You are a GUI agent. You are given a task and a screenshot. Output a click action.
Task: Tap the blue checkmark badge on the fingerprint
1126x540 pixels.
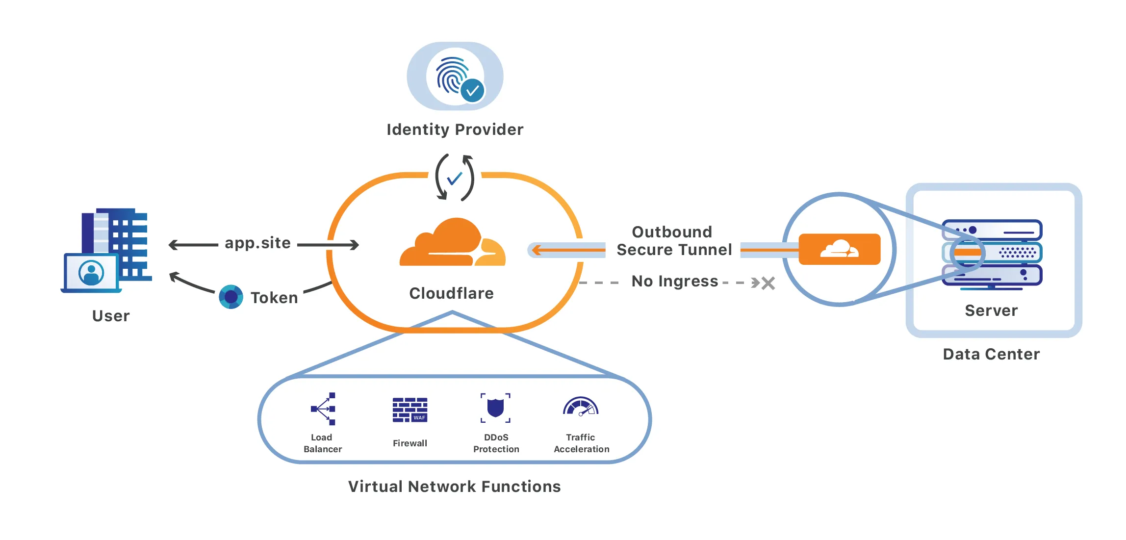point(473,91)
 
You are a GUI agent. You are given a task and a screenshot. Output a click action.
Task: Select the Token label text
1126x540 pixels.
point(274,298)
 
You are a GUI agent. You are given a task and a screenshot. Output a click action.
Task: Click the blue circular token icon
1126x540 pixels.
point(231,297)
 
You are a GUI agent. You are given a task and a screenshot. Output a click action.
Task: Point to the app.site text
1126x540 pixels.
point(257,243)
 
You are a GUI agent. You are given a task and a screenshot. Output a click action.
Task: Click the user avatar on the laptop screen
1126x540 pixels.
point(91,273)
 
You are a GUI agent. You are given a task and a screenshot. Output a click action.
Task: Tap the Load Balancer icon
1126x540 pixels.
point(324,409)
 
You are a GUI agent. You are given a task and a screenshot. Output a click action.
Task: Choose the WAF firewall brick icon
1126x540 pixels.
point(410,410)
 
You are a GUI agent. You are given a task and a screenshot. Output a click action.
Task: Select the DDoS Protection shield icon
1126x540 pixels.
point(495,408)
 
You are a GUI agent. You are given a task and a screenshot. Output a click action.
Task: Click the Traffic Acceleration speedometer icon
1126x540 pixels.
point(581,407)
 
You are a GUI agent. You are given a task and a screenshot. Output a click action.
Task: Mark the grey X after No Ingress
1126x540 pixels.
point(768,283)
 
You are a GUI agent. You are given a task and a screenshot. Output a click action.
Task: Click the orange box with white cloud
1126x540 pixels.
point(839,249)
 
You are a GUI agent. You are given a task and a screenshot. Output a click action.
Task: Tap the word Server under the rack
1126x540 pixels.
point(991,310)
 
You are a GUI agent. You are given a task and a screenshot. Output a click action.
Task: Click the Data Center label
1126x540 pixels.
point(991,354)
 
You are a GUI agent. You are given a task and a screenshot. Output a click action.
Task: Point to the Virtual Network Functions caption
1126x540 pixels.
point(454,487)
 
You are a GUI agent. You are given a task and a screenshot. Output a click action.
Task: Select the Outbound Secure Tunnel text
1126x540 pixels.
point(674,241)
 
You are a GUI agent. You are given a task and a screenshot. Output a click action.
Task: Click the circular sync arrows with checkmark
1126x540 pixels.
point(455,178)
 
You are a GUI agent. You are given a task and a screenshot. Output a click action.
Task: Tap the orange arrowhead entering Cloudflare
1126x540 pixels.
point(537,250)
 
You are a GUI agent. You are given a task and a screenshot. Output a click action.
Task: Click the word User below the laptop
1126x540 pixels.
point(111,316)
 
